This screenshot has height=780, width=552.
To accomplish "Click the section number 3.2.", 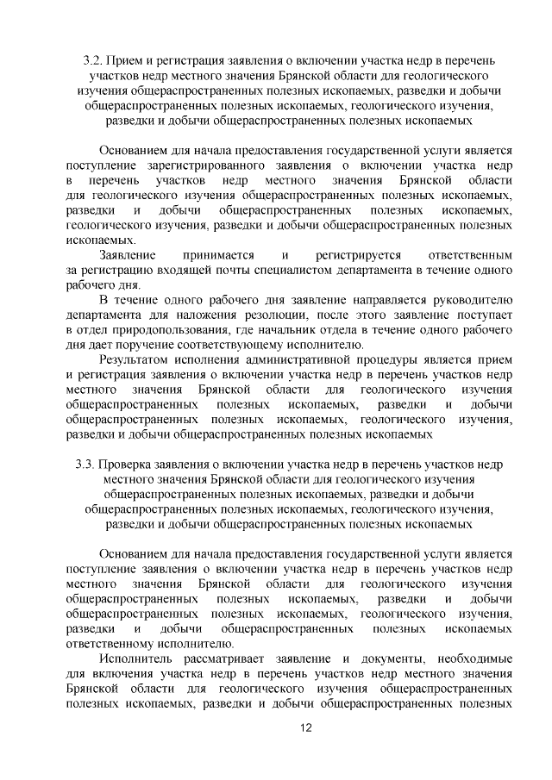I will click(92, 63).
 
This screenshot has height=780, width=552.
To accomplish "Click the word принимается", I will click(218, 255).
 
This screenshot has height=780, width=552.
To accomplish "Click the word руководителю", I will click(472, 300).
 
